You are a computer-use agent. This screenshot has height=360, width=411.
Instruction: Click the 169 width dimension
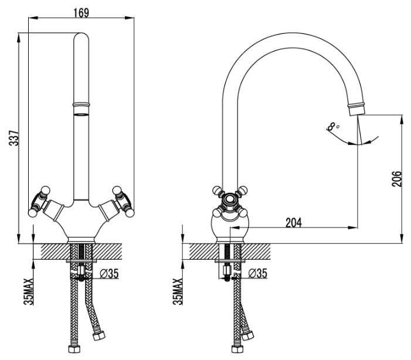coord(81,12)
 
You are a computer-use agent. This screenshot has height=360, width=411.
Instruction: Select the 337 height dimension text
coord(13,138)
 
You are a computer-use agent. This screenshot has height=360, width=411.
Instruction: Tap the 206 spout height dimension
coord(396,179)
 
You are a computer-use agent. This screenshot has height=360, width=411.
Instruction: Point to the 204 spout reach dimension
coord(294,223)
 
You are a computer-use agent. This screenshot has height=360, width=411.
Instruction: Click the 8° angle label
coord(333,127)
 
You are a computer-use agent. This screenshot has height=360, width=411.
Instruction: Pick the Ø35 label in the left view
coord(109,274)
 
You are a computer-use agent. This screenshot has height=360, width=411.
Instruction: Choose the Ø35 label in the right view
coord(257,273)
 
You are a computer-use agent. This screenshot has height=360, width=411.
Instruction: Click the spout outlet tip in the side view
coord(356,110)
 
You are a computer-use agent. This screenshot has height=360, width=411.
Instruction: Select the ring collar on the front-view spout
coord(81,104)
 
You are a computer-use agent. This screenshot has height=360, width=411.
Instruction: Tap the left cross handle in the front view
coord(40,201)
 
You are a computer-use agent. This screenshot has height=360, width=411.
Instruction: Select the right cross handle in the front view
coord(123,201)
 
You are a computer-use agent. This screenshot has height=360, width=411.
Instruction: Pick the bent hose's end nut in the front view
coord(99,335)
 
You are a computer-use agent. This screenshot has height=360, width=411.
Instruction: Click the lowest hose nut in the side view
coord(237,349)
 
